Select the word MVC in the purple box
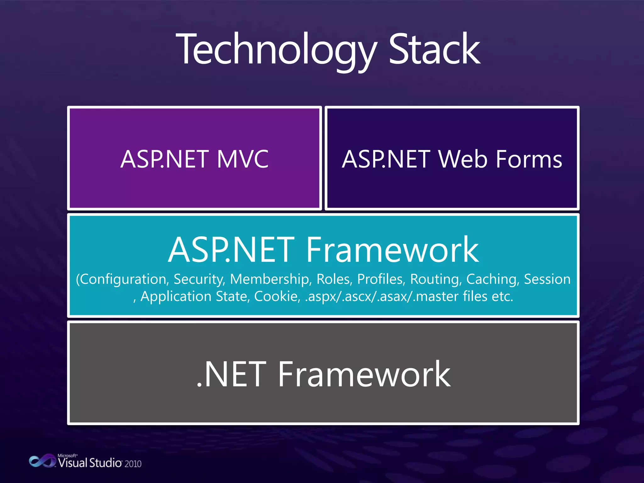tap(242, 159)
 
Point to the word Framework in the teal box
tap(392, 250)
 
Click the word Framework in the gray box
tap(364, 374)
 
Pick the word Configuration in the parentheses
tap(123, 279)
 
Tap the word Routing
tap(436, 279)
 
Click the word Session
tap(547, 279)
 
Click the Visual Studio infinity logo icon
tap(42, 461)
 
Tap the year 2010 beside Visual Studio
tap(133, 464)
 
